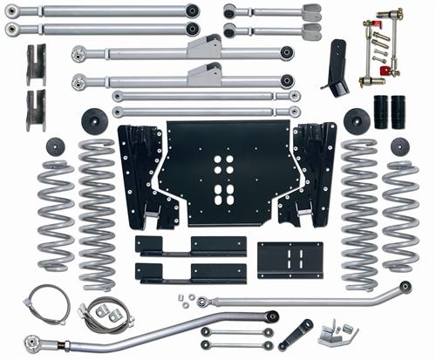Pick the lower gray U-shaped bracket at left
36,108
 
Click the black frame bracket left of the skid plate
142,174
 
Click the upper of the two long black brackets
178,245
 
